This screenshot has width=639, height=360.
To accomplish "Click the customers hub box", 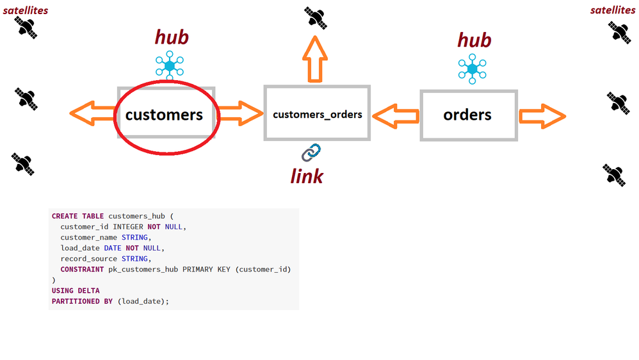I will coord(165,115).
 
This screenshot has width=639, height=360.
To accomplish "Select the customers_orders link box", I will coord(317,114).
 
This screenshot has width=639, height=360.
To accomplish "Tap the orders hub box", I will coord(468,115).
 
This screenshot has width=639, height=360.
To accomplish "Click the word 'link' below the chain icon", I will coord(307,176).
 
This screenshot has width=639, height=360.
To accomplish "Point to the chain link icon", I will coord(311,152).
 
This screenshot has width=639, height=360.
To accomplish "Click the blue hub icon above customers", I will coord(170,65).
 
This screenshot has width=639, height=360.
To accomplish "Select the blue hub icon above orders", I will coord(473,69).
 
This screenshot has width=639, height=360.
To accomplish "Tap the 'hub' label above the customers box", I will coord(172,37).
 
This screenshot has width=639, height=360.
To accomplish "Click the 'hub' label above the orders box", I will coord(474,40).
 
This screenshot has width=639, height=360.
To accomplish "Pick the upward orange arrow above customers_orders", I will coord(314,59).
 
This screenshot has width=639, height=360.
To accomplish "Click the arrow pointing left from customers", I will coord(92,114).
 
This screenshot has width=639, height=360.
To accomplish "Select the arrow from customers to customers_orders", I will coord(241,114).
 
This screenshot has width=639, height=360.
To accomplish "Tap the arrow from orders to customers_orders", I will coord(395,116).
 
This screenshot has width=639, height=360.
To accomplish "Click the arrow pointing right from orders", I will coord(542,116).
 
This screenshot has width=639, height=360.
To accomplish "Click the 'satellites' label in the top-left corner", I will coord(25,10).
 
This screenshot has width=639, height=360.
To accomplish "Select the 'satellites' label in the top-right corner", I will coord(613,10).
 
